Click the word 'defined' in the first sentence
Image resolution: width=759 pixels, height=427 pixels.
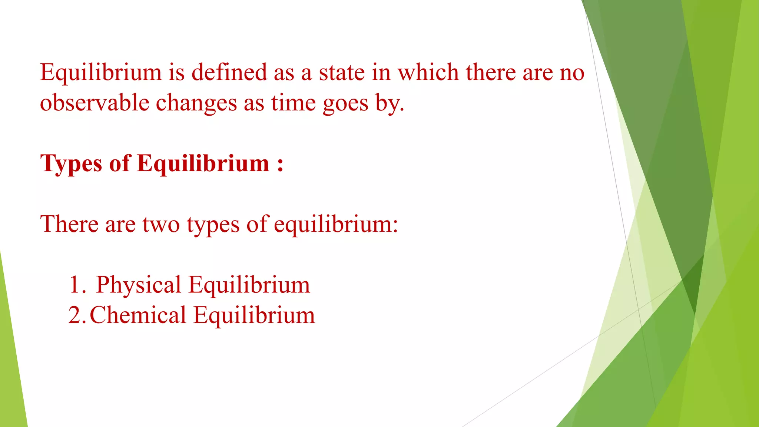click(229, 72)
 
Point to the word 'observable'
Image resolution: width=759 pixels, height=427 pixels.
click(95, 102)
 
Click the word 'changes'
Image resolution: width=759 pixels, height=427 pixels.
click(196, 103)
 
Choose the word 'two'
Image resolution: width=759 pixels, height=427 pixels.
click(160, 225)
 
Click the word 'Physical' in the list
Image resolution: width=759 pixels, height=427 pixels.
click(139, 285)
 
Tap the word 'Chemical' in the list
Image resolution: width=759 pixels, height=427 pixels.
click(138, 315)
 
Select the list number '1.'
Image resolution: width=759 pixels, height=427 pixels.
click(77, 285)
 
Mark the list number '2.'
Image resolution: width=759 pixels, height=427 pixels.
click(77, 315)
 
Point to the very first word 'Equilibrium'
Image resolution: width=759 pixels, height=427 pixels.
click(101, 73)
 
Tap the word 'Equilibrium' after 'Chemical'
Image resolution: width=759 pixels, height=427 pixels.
click(254, 315)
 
